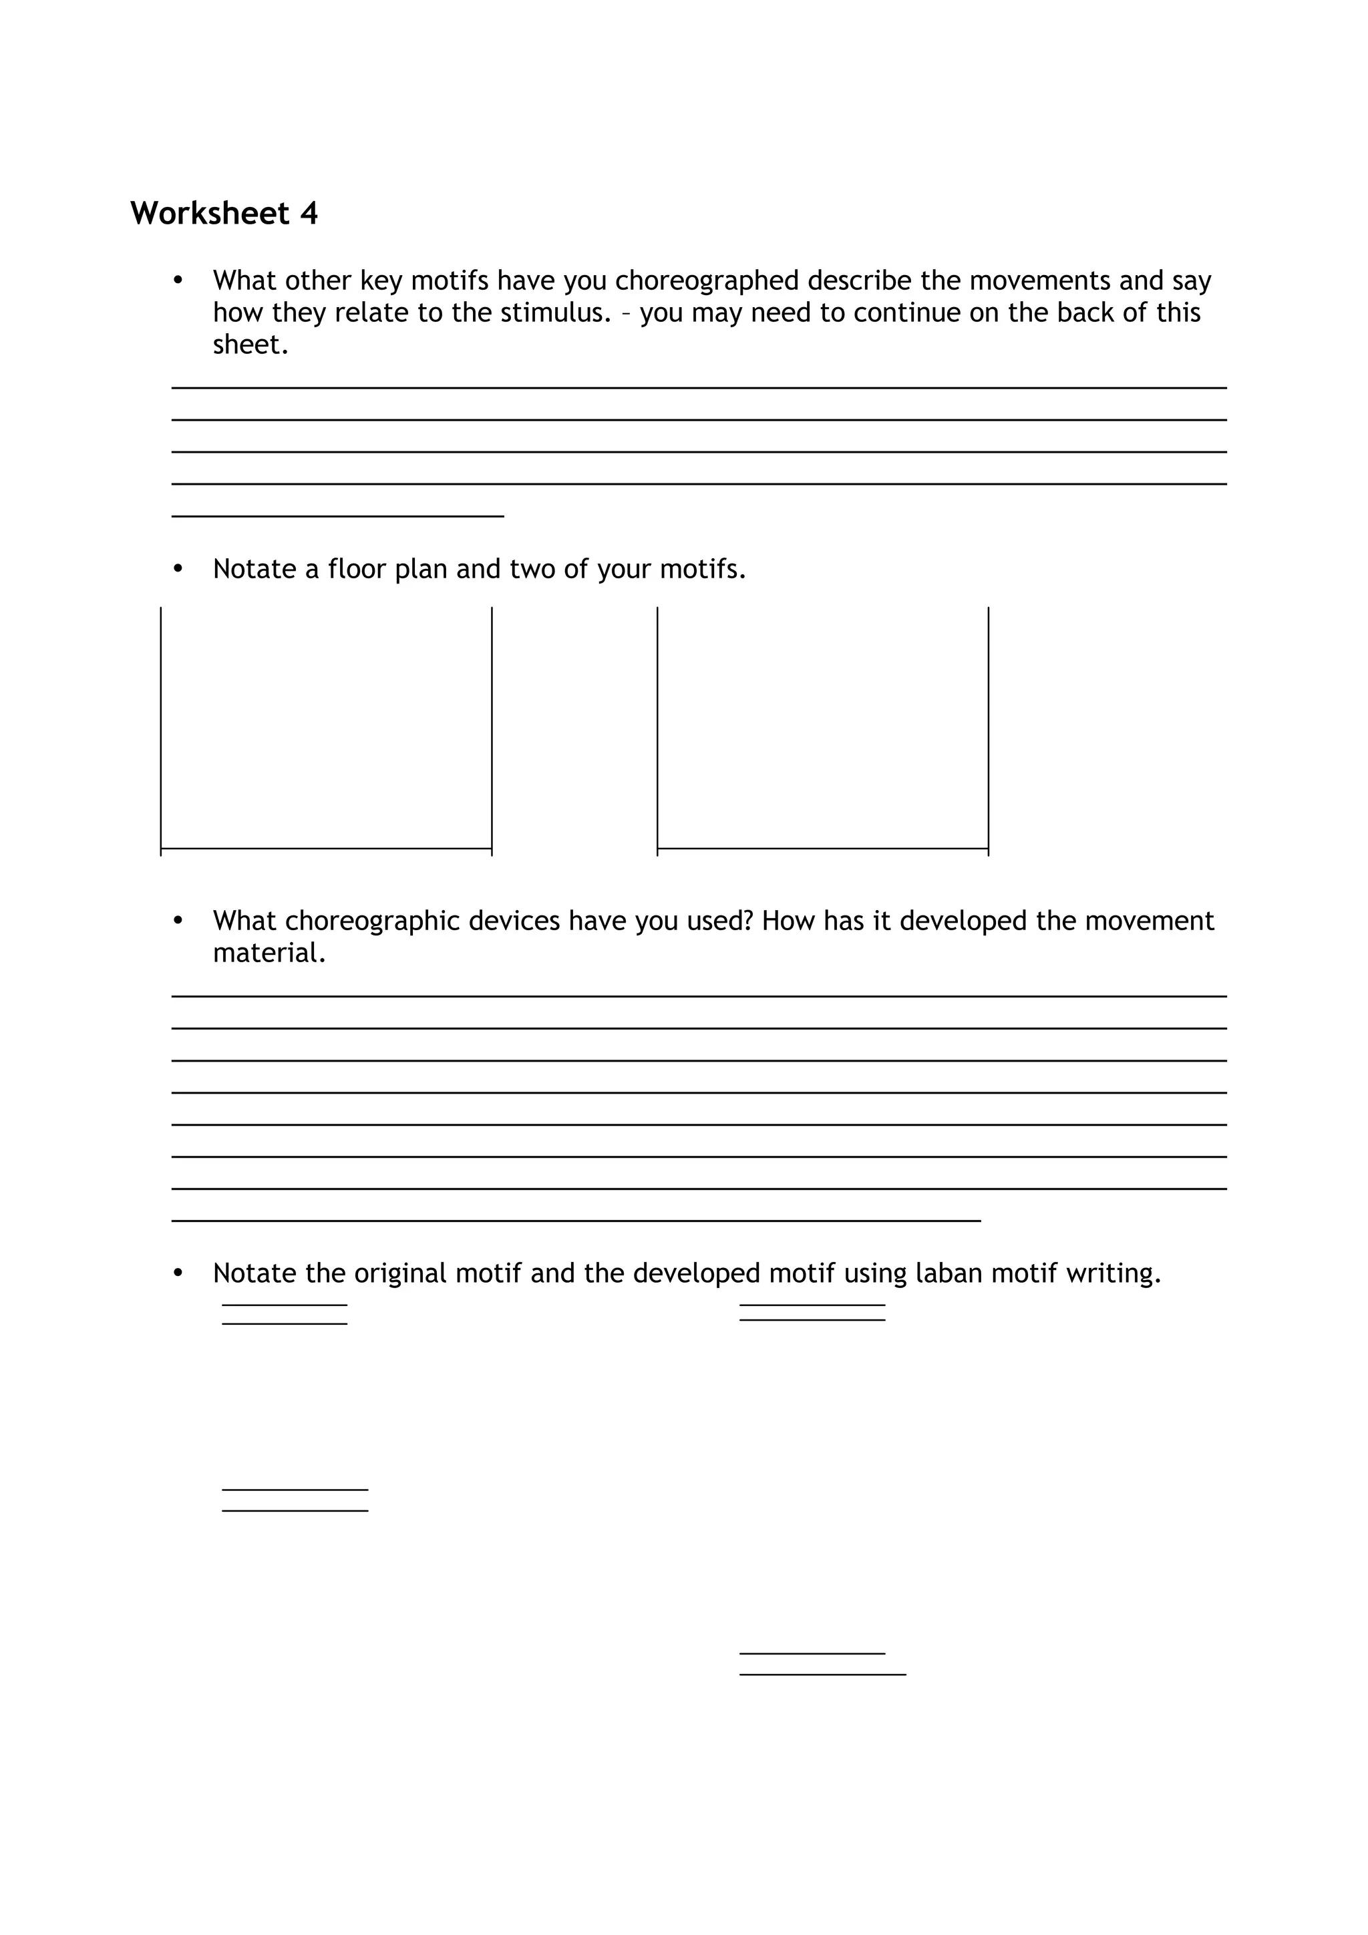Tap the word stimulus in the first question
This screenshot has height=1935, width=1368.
coord(554,312)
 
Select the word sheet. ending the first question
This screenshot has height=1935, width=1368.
coord(250,345)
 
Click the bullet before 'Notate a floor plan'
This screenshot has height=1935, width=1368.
coord(178,569)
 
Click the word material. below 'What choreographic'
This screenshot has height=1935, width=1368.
coord(269,953)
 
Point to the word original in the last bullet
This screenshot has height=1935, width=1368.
coord(400,1273)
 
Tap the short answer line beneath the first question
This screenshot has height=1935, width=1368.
coord(337,515)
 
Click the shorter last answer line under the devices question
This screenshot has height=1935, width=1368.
coord(576,1221)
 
